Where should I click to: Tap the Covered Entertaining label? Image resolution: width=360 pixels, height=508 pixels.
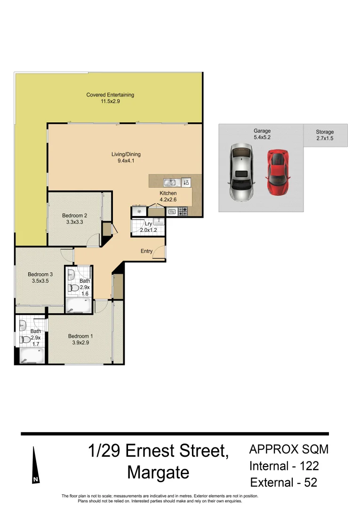pos(110,98)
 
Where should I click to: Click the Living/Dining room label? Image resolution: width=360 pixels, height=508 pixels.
pos(126,157)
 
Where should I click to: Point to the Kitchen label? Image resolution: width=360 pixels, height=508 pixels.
pos(168,196)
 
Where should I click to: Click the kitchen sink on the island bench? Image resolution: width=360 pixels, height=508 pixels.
pos(170,183)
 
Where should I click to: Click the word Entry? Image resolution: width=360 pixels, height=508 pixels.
pos(146,251)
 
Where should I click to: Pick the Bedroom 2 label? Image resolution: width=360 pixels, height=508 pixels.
pos(75,219)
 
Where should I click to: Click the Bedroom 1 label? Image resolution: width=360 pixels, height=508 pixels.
pos(80,339)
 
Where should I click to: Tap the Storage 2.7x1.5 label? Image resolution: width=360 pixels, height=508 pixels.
pos(325,135)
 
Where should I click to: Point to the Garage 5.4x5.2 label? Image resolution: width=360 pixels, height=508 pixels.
pos(262,134)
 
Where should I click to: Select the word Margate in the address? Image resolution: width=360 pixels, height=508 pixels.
pos(158,472)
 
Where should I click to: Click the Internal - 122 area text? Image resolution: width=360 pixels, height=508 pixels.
pos(284,466)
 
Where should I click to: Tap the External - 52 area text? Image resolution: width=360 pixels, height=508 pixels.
pos(284,483)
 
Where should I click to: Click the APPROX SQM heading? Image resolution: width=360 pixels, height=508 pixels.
pos(288,449)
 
